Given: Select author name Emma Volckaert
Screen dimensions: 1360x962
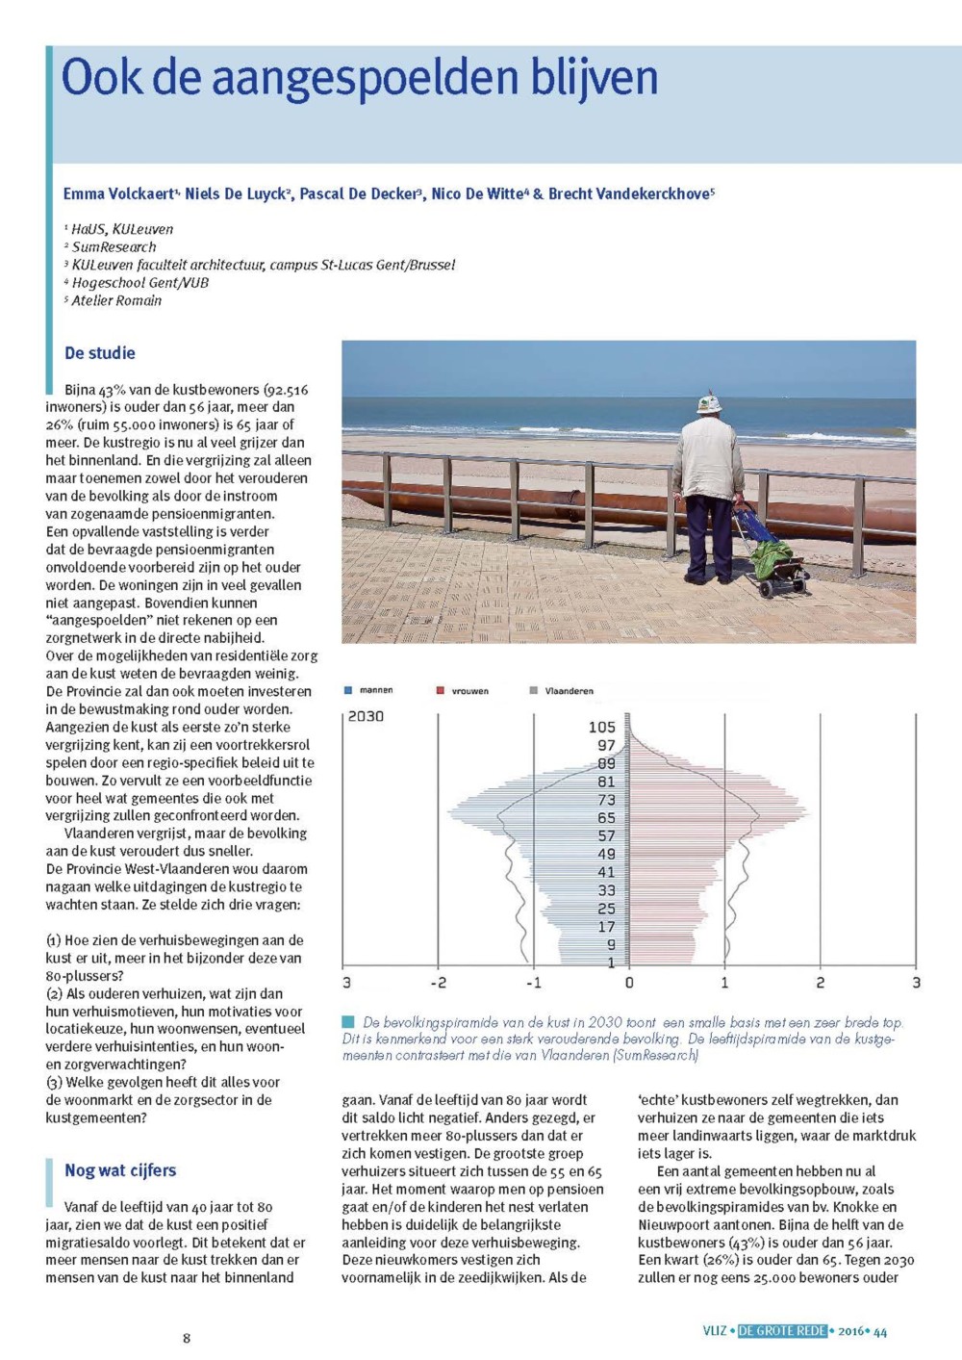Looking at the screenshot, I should (x=119, y=194).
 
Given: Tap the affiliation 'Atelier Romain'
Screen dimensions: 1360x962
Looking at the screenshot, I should (x=116, y=300).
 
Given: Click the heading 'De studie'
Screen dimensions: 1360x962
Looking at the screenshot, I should (x=100, y=353).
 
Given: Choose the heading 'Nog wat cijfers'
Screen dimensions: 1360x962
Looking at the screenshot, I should (x=120, y=1170).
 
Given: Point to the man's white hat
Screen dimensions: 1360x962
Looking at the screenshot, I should (x=710, y=403).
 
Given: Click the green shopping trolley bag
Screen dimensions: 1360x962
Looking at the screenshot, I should (x=770, y=553).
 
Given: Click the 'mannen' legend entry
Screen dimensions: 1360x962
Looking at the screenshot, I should (x=375, y=690).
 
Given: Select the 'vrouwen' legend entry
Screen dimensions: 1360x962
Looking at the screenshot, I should (x=469, y=691).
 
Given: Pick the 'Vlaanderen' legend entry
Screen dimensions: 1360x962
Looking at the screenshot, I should (x=569, y=691).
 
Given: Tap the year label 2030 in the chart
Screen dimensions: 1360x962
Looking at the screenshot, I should (x=366, y=716).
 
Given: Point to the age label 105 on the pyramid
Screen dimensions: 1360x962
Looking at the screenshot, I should (x=602, y=727).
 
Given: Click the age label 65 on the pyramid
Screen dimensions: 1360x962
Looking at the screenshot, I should (x=606, y=818).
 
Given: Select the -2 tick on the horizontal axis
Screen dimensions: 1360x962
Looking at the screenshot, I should (x=438, y=983).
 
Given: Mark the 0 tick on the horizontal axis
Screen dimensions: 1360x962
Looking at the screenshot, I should (x=629, y=983).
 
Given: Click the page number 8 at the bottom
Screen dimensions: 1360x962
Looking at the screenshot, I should (x=187, y=1338).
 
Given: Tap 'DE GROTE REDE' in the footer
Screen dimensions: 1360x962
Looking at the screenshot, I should (x=782, y=1331).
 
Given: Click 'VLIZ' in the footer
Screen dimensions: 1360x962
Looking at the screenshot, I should (x=715, y=1331).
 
